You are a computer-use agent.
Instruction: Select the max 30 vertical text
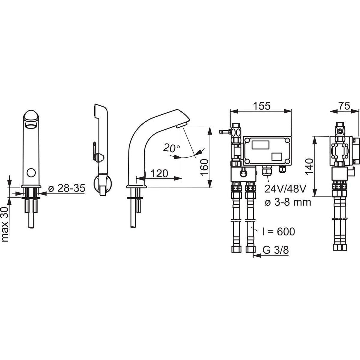(5, 225)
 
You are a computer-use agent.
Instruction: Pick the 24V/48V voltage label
(285, 189)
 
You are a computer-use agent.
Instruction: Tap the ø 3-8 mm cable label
(288, 202)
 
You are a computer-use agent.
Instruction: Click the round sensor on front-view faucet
(31, 173)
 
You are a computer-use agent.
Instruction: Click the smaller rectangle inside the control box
(276, 157)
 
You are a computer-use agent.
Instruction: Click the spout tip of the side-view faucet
(184, 124)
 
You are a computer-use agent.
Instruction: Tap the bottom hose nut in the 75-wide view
(339, 248)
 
